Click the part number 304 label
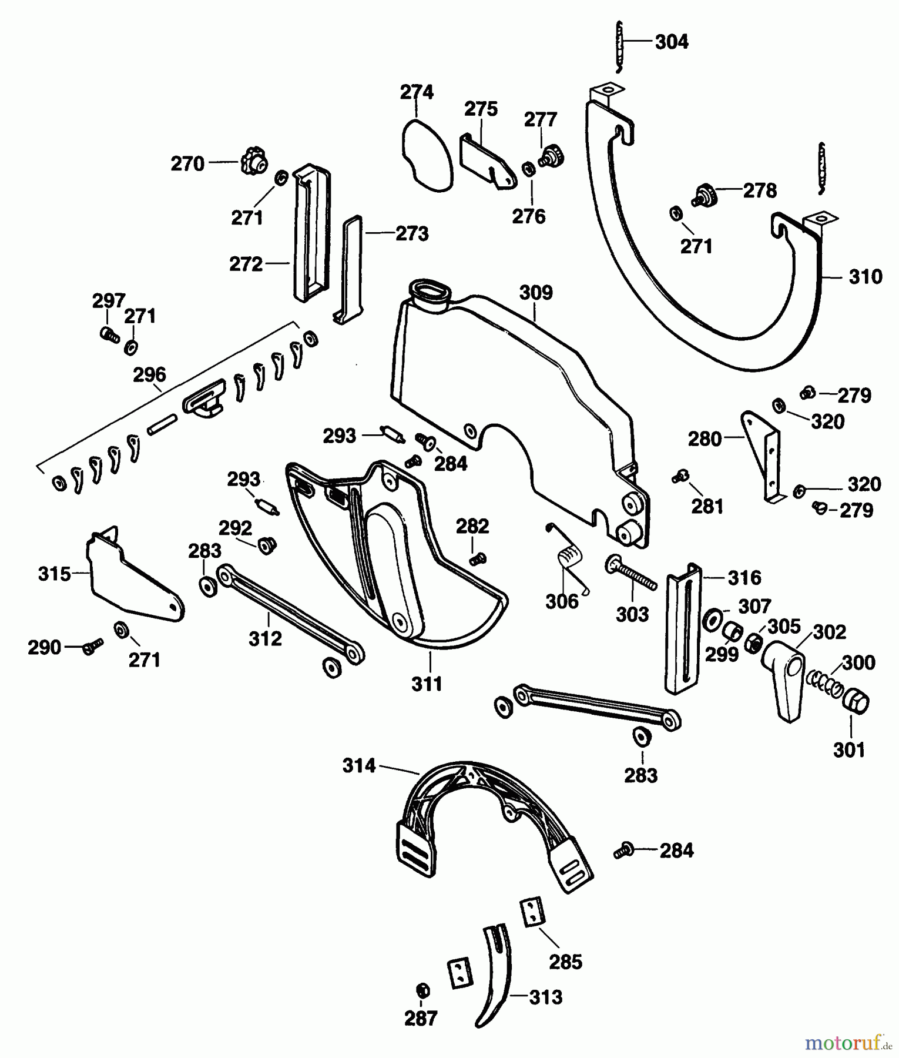pos(671,42)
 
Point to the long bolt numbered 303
pos(631,571)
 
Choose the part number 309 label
pos(536,292)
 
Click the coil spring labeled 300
pos(823,683)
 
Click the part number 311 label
pos(427,684)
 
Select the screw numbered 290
pos(93,647)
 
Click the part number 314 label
pos(359,765)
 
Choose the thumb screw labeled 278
pos(703,195)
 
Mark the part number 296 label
pos(149,374)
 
